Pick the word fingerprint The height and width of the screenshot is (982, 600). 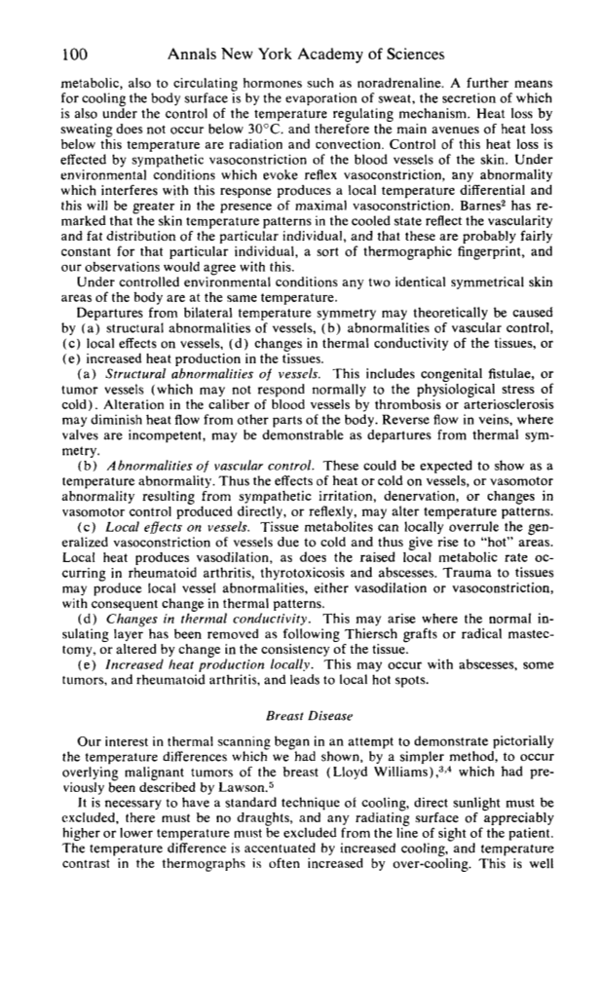tap(496, 256)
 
